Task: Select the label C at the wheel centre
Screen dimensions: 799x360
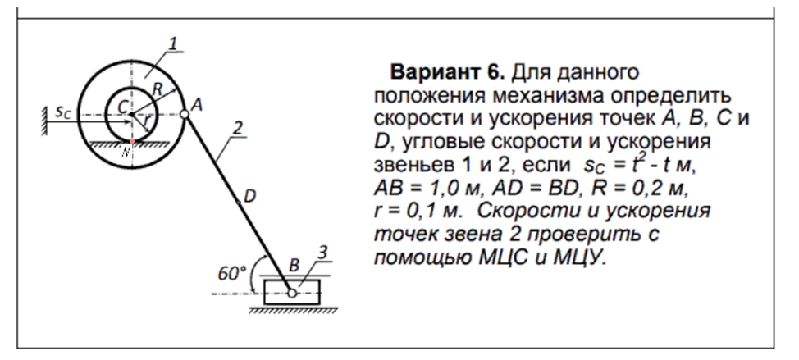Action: point(121,107)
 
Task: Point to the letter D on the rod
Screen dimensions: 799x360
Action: point(250,195)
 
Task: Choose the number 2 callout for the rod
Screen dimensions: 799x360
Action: point(237,128)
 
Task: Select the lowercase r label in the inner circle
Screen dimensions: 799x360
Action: point(146,121)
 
